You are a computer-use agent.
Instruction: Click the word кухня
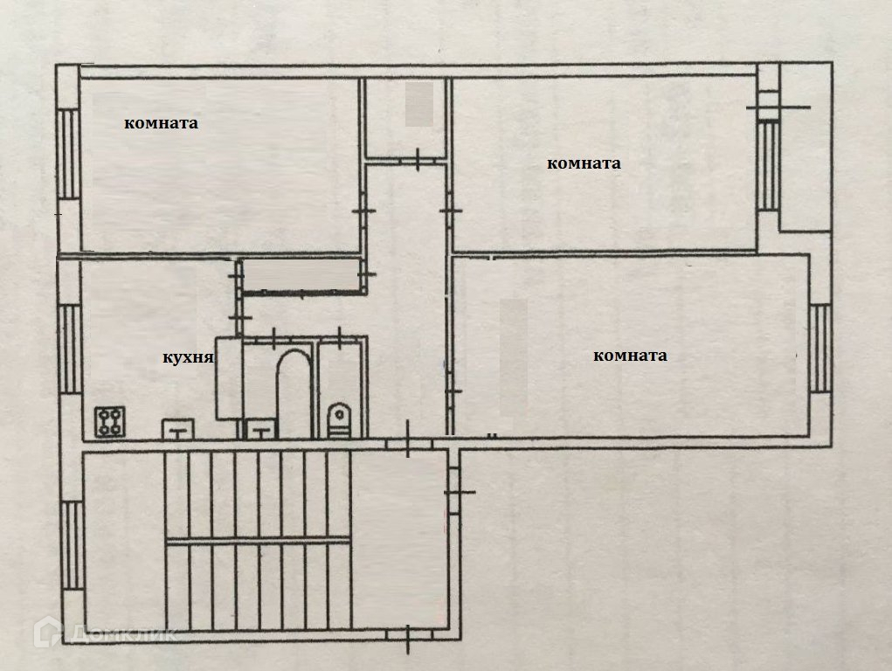pyautogui.click(x=189, y=357)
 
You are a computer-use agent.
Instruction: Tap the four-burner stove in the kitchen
pyautogui.click(x=111, y=423)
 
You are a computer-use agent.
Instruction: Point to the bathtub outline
pyautogui.click(x=294, y=393)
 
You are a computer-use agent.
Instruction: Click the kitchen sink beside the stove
pyautogui.click(x=179, y=428)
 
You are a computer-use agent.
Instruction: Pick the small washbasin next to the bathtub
pyautogui.click(x=259, y=428)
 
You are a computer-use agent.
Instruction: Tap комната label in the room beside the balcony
pyautogui.click(x=584, y=163)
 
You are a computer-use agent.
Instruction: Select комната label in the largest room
pyautogui.click(x=630, y=356)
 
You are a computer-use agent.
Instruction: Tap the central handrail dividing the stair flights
pyautogui.click(x=258, y=541)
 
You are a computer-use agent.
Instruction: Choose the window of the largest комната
pyautogui.click(x=819, y=347)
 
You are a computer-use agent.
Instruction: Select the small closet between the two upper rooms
pyautogui.click(x=406, y=118)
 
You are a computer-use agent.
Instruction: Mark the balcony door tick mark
pyautogui.click(x=778, y=107)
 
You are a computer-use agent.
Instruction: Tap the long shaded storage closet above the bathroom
pyautogui.click(x=301, y=275)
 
